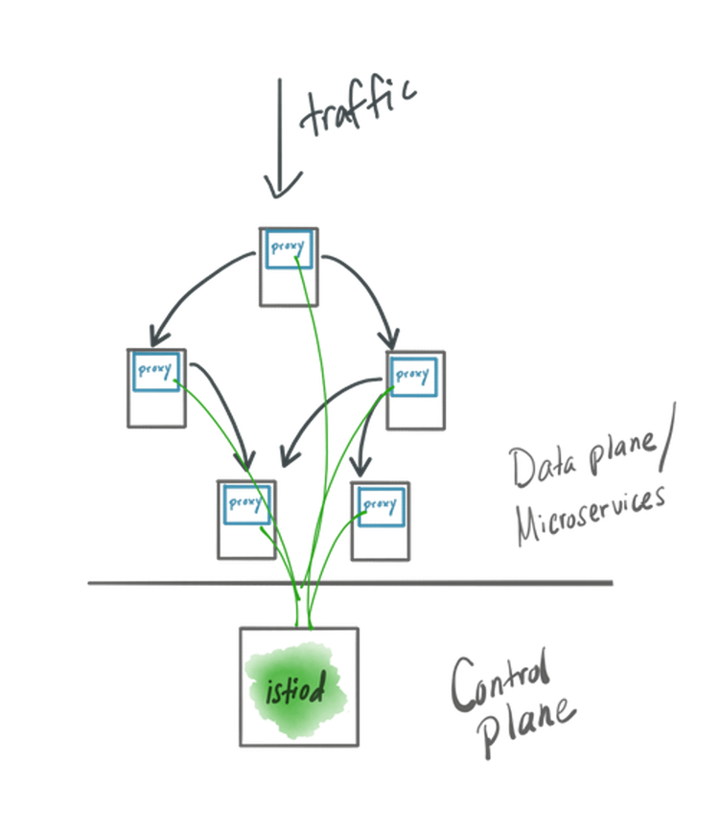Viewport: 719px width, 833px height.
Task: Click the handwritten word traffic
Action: (359, 105)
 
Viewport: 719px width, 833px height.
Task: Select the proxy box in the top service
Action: (290, 249)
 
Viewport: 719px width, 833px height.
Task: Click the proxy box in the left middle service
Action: (156, 371)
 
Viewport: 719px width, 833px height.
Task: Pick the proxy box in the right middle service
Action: (413, 377)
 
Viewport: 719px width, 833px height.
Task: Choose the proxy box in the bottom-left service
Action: (246, 504)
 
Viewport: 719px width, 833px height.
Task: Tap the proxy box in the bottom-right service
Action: (381, 506)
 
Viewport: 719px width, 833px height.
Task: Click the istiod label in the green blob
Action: (295, 689)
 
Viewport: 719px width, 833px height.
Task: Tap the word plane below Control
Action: (526, 726)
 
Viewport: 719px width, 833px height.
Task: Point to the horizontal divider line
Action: (350, 583)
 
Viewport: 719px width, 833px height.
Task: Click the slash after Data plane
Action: (668, 437)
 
